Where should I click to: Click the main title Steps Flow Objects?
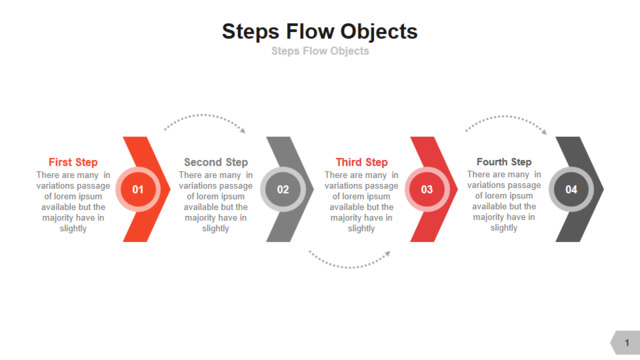[x=320, y=32]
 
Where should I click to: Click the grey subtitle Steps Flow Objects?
[x=320, y=51]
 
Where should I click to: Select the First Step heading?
[x=73, y=162]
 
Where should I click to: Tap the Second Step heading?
[x=216, y=162]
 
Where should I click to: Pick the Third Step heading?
[x=362, y=162]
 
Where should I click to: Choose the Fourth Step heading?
[x=504, y=162]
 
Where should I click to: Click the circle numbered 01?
[x=138, y=189]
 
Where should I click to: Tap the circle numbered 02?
[x=283, y=189]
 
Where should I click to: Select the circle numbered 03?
[x=427, y=189]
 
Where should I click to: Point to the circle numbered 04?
[x=571, y=189]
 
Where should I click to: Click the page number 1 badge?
[x=626, y=343]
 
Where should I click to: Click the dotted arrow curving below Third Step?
[x=349, y=267]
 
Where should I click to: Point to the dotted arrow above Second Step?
[x=204, y=116]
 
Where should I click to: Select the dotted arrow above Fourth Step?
[x=505, y=117]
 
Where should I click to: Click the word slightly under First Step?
[x=73, y=228]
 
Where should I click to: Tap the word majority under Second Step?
[x=200, y=218]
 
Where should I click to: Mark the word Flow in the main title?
[x=309, y=32]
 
